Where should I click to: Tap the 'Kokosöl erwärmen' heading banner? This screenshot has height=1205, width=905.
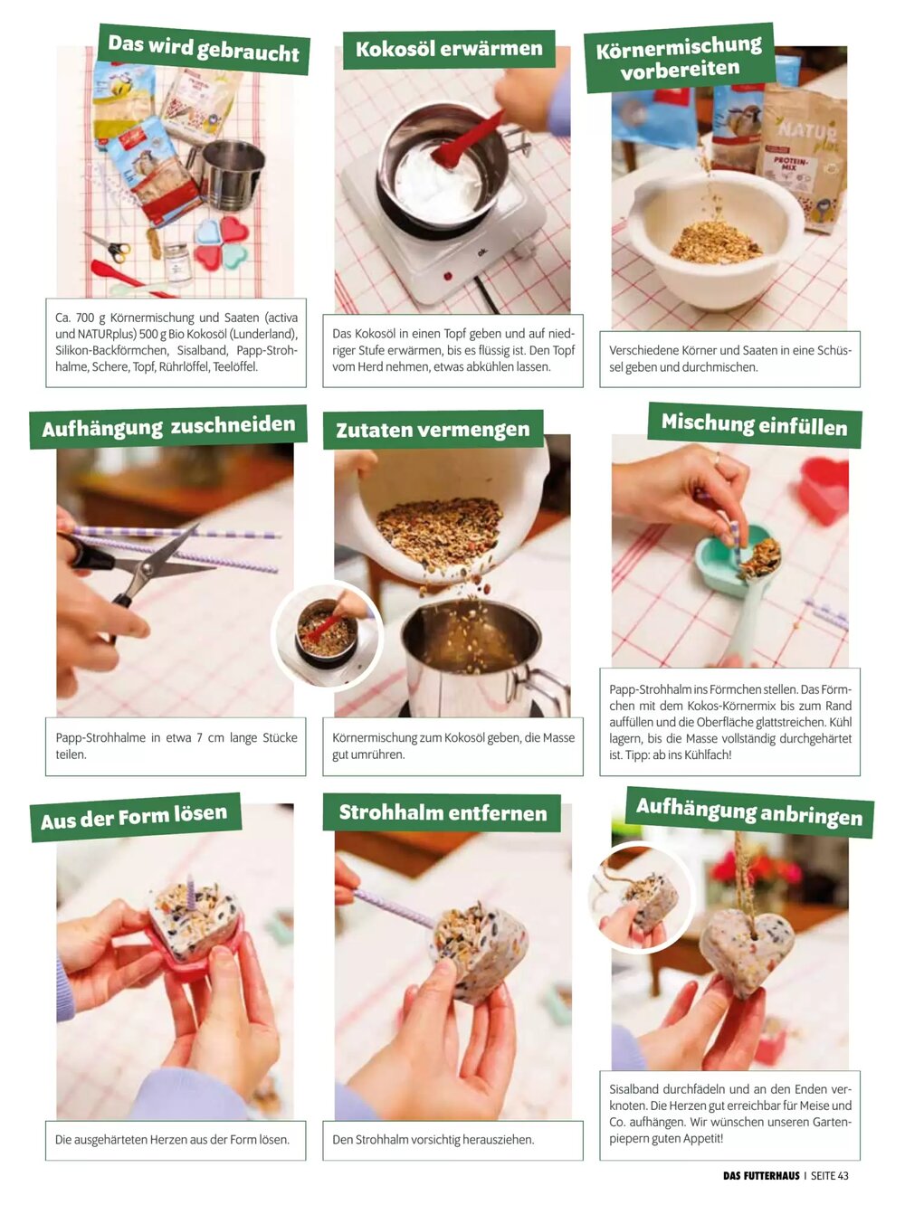click(449, 49)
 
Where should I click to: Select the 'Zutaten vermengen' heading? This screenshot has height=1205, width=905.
click(433, 430)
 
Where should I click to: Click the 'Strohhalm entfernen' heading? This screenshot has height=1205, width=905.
click(442, 812)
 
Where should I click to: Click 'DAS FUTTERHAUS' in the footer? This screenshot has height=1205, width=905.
click(761, 1175)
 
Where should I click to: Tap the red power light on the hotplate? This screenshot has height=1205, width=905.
click(447, 277)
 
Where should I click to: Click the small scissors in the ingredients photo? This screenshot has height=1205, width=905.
click(109, 247)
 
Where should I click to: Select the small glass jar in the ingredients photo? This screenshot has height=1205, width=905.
click(176, 263)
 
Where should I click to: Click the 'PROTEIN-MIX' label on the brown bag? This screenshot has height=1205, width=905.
click(791, 165)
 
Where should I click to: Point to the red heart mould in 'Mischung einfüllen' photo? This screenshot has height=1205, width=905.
click(824, 491)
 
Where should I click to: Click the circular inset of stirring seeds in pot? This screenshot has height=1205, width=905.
click(328, 634)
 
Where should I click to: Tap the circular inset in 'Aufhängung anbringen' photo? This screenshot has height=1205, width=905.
click(642, 897)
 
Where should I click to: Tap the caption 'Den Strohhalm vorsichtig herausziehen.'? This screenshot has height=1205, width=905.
click(433, 1139)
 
